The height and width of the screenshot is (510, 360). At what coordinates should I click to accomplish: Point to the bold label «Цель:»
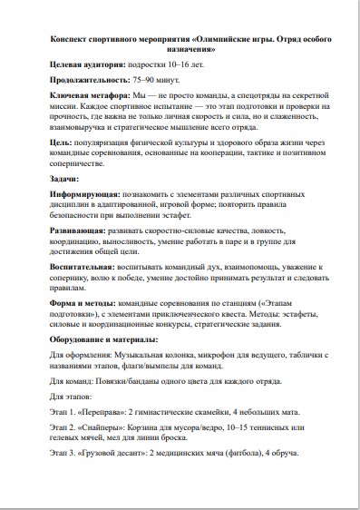[x=60, y=142]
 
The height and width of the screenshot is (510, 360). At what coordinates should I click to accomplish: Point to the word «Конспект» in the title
[x=75, y=41]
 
